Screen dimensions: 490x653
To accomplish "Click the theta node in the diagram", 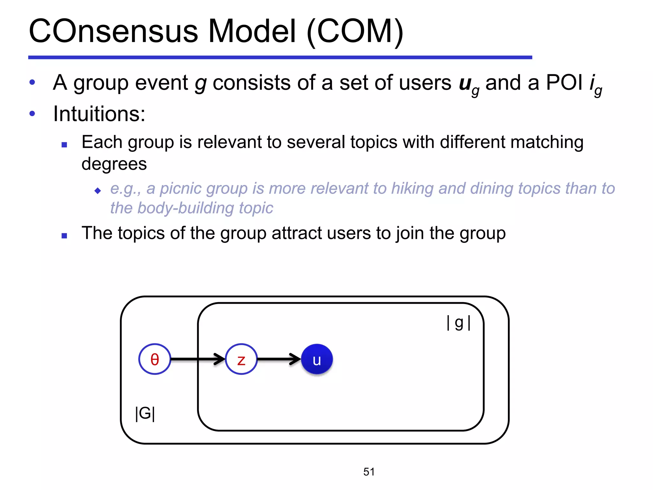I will tap(155, 359).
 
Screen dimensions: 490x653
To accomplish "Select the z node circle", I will tap(241, 359).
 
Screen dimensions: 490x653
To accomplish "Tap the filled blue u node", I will tap(317, 359).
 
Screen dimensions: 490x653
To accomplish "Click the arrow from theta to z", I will tap(198, 359).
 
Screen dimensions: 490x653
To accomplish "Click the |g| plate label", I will tap(459, 323).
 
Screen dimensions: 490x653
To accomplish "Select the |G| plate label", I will tap(145, 413).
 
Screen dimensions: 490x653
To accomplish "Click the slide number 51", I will tap(369, 472).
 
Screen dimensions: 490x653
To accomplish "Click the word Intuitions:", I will tap(99, 114).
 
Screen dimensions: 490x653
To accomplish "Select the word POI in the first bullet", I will tap(564, 83).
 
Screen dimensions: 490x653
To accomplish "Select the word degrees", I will tap(114, 164).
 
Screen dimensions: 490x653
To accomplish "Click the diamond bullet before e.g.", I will tap(98, 191).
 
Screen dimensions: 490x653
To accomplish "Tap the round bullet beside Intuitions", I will tap(32, 114).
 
